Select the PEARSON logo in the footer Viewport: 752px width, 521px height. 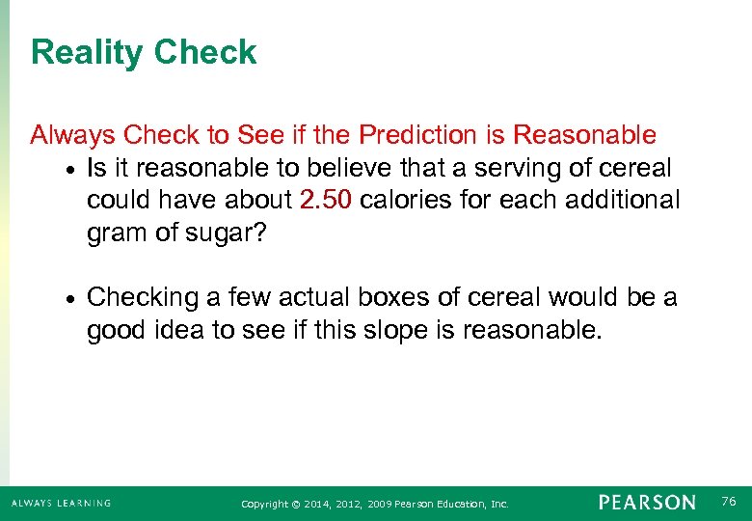click(x=646, y=503)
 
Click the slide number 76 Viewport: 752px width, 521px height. click(x=729, y=502)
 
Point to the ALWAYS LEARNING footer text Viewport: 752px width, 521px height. click(x=61, y=503)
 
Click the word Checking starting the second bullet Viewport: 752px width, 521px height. click(x=146, y=298)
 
